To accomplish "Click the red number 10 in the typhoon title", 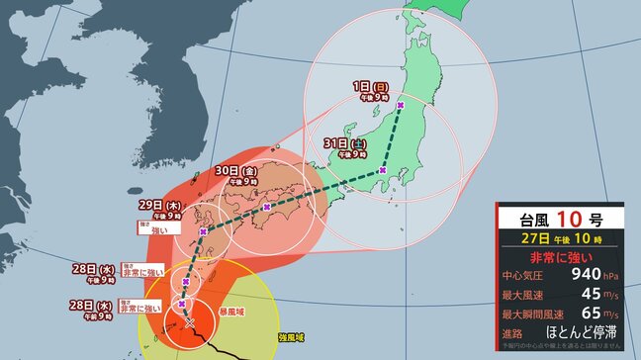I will (567, 218).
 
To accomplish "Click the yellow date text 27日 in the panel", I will (539, 238).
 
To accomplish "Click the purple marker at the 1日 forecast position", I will (400, 105).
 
